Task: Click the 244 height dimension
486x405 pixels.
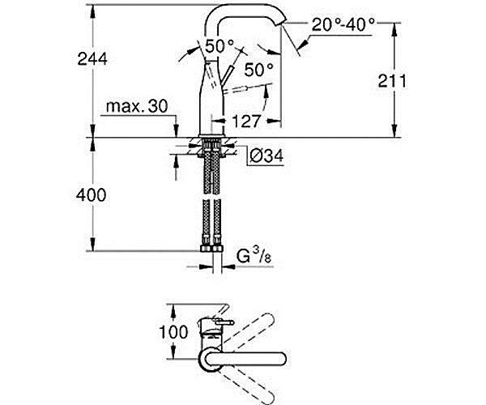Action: pos(92,59)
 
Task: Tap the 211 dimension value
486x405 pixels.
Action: pos(392,81)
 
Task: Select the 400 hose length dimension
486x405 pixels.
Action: pos(91,195)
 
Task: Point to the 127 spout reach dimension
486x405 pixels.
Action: pos(245,122)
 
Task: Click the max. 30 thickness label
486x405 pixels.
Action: pos(137,106)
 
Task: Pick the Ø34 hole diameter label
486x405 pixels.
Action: pos(266,156)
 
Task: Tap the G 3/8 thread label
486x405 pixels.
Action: pos(254,256)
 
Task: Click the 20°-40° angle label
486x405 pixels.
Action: pos(343,25)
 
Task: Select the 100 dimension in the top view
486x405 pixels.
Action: pos(173,332)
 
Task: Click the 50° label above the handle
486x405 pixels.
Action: pos(220,46)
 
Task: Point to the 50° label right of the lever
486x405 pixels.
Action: pos(259,70)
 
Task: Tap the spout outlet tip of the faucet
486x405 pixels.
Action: pos(283,23)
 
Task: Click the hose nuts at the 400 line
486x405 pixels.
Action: pos(211,248)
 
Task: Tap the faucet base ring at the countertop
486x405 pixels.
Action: pos(211,135)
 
